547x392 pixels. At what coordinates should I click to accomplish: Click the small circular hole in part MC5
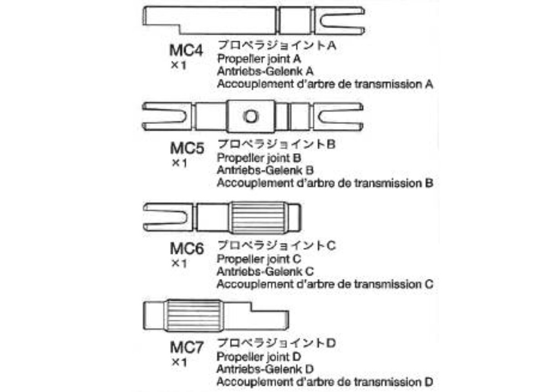click(250, 116)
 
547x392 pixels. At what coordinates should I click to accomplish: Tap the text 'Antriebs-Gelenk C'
click(265, 271)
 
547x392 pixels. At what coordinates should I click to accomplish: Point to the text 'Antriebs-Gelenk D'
click(265, 368)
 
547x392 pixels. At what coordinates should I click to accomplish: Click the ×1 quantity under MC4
click(179, 65)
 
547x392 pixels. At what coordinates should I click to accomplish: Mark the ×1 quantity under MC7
click(179, 362)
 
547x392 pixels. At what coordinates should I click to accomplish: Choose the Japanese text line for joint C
click(276, 246)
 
